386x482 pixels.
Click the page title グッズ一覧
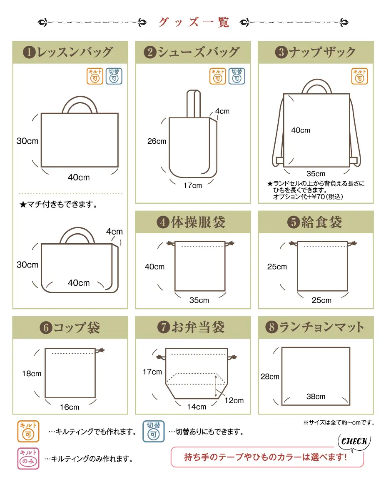tap(194, 22)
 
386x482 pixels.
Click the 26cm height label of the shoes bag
tap(157, 141)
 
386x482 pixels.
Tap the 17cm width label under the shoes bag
tap(193, 185)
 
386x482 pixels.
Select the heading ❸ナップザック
tap(315, 52)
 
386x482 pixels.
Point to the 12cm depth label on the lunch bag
tap(234, 400)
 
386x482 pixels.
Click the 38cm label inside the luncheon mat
tap(316, 396)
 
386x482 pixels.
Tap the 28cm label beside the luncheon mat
tap(270, 376)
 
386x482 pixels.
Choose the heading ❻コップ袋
tap(70, 327)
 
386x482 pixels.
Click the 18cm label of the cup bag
tap(31, 374)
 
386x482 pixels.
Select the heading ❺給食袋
tap(315, 222)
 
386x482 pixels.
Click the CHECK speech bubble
tap(354, 442)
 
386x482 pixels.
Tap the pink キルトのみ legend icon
tap(28, 458)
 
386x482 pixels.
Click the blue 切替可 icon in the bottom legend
tap(153, 431)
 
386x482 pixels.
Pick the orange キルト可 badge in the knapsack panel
tap(359, 76)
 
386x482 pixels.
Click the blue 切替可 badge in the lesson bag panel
tap(114, 76)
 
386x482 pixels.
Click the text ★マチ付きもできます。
tap(58, 204)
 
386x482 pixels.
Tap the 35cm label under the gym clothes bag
tap(199, 300)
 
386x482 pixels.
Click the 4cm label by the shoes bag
tap(222, 111)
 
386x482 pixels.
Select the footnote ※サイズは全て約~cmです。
tap(339, 423)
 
